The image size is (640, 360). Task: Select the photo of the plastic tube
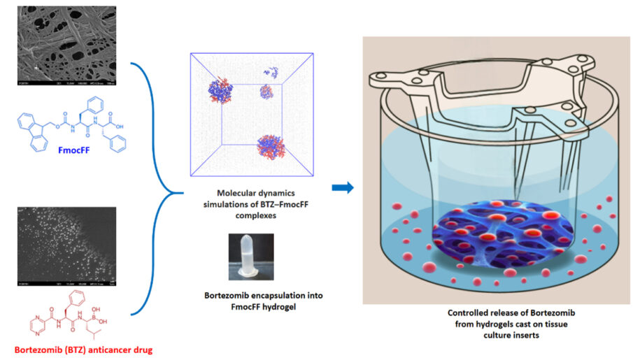[x=250, y=259]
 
